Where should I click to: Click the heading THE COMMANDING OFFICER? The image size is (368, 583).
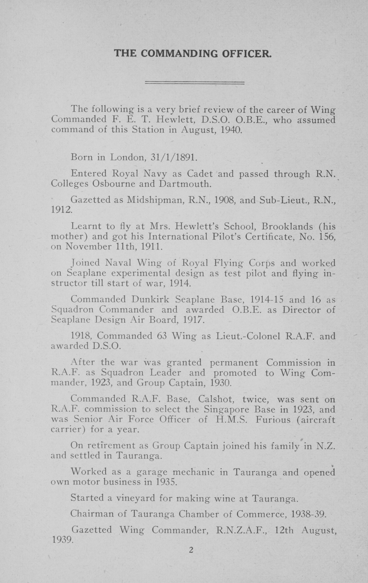pyautogui.click(x=193, y=53)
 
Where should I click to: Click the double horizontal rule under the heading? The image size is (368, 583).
pyautogui.click(x=195, y=83)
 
